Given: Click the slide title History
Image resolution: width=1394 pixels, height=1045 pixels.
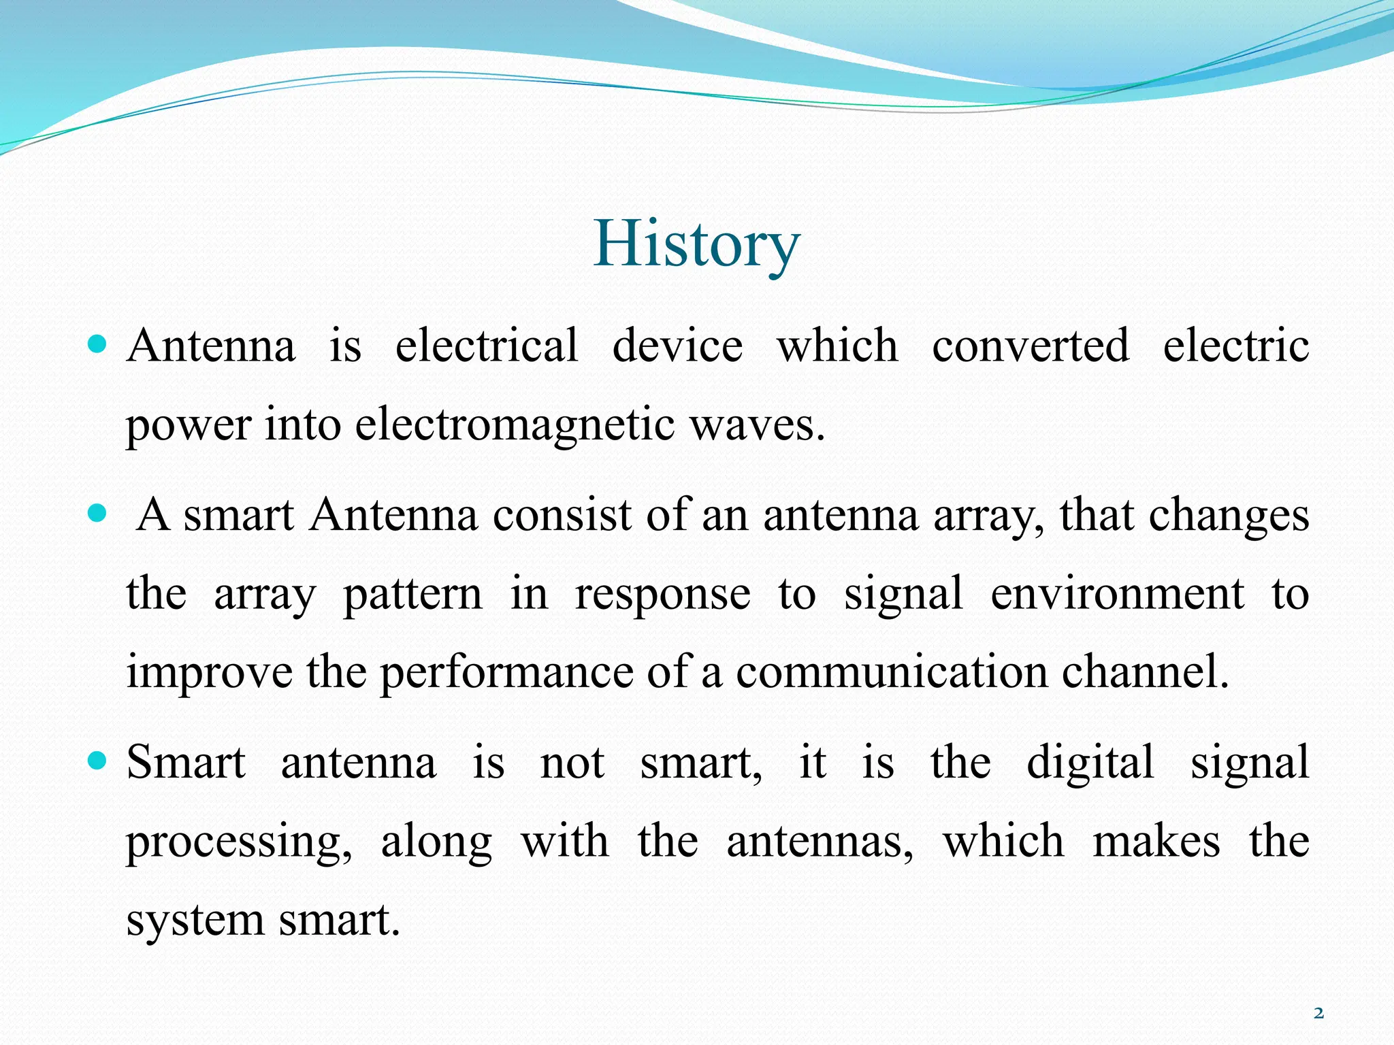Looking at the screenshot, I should tap(696, 245).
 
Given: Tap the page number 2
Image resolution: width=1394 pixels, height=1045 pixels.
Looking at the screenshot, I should tap(1318, 1013).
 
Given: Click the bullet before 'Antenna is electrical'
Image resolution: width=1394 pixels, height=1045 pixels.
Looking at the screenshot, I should tap(98, 345).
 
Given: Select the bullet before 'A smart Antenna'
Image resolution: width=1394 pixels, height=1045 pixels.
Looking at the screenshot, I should tap(98, 514).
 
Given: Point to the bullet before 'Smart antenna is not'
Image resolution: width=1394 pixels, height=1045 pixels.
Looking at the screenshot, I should tap(98, 761).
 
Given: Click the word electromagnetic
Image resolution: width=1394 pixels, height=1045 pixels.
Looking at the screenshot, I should tap(515, 425).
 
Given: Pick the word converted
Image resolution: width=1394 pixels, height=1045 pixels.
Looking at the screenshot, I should tap(1030, 345).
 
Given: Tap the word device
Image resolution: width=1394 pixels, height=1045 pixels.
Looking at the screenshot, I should tap(677, 345).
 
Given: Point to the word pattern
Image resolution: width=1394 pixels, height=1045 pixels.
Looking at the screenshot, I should tap(412, 593).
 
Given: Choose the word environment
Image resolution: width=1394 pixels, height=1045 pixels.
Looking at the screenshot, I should tap(1117, 593).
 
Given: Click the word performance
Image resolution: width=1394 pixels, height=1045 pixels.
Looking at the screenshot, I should tap(506, 672).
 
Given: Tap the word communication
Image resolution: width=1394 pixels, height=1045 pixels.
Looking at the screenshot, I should tap(892, 672).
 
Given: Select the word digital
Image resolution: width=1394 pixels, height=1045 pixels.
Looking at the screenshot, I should tap(1090, 762).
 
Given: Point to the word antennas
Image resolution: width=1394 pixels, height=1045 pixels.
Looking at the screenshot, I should tap(820, 841).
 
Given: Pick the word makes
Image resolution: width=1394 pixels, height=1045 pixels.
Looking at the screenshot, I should tap(1156, 841).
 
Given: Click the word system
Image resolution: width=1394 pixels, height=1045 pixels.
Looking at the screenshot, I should tap(195, 920).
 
